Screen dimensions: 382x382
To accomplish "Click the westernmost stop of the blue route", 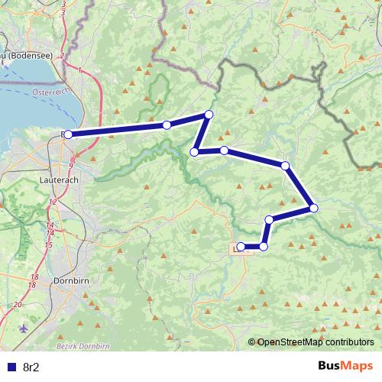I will (x=68, y=134).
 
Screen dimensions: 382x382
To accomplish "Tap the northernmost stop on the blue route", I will (x=208, y=115).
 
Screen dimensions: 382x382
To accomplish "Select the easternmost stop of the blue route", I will (x=313, y=208).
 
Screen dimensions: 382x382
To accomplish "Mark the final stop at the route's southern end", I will (x=241, y=247).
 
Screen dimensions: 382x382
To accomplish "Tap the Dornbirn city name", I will (x=73, y=280).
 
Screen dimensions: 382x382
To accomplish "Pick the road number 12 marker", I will (x=52, y=202).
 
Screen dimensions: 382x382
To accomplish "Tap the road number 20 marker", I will (x=18, y=305).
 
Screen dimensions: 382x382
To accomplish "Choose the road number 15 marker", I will (x=48, y=244).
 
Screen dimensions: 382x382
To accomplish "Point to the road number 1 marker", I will (x=80, y=70).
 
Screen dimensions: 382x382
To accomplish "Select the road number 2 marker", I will (x=61, y=56).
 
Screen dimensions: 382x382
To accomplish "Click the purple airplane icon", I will (x=23, y=329).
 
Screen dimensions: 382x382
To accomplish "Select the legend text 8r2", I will (x=31, y=365).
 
